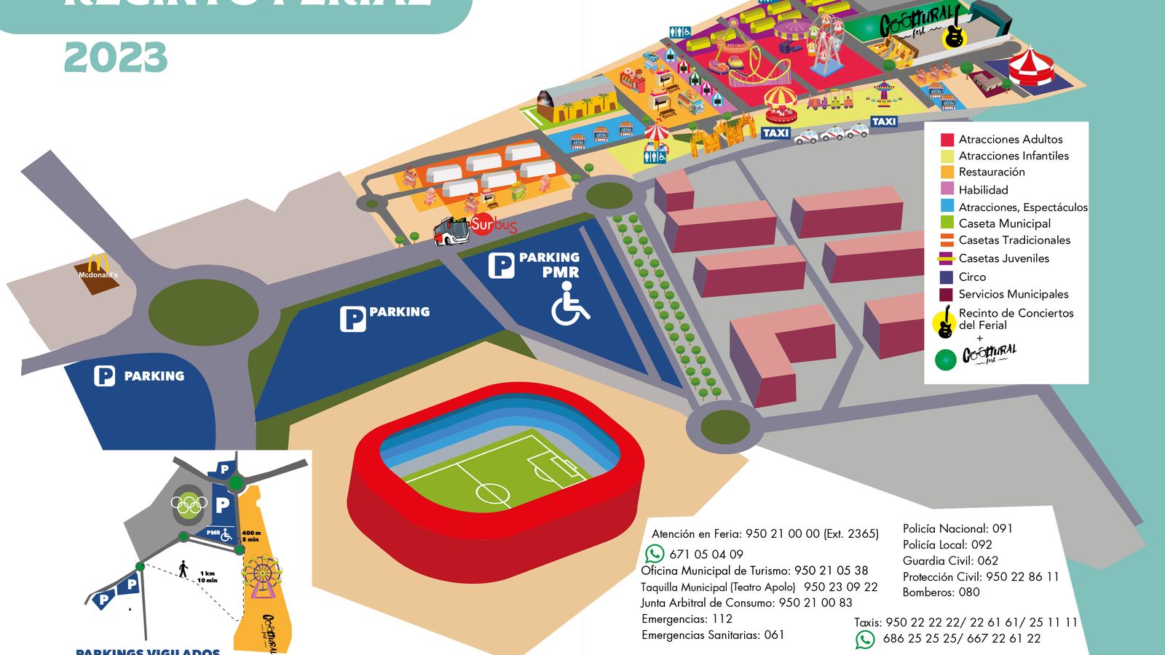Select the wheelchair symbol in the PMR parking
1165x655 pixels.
click(569, 303)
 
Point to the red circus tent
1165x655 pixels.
click(1031, 66)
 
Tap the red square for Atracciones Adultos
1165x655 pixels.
click(947, 140)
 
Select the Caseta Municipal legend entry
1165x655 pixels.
click(1004, 223)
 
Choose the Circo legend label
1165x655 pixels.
click(972, 277)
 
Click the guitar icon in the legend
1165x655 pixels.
click(945, 322)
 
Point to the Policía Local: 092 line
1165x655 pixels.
click(947, 544)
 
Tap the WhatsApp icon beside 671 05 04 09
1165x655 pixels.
click(655, 554)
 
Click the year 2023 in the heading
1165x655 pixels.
click(116, 57)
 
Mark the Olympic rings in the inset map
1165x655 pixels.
click(189, 504)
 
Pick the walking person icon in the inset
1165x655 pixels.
click(183, 568)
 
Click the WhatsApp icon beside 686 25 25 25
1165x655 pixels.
click(864, 639)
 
